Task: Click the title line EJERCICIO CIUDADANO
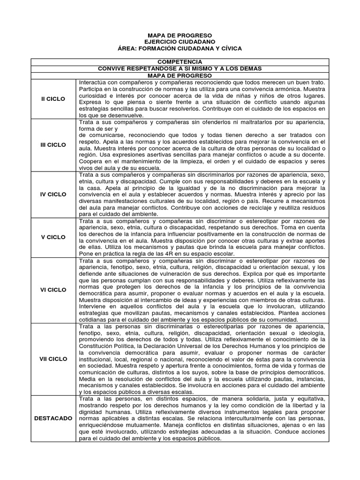(x=180, y=42)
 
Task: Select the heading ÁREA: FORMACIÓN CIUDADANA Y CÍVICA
(x=180, y=49)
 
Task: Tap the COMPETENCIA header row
(x=180, y=62)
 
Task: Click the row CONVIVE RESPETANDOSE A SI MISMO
(x=180, y=68)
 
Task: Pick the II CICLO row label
(x=53, y=99)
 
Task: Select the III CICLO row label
(x=53, y=145)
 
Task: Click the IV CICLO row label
(x=53, y=194)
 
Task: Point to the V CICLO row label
(x=53, y=237)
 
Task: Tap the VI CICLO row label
(x=53, y=290)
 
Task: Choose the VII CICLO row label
(x=53, y=359)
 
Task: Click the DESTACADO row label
(x=53, y=418)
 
